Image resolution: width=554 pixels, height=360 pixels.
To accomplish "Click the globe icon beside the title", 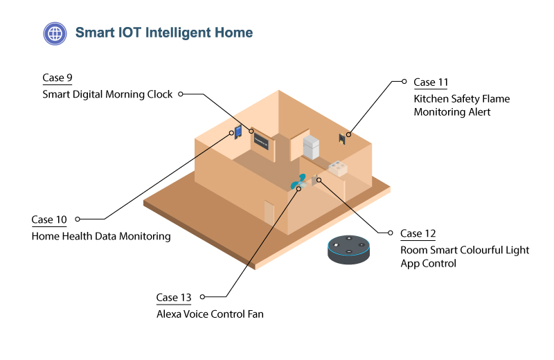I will (54, 33).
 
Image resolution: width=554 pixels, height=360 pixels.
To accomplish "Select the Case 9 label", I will (57, 78).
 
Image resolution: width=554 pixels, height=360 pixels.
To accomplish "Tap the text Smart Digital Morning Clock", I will (107, 94).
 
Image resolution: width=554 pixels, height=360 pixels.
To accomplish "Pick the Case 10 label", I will (49, 220).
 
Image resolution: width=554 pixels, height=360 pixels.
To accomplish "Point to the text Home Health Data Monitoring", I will (101, 236).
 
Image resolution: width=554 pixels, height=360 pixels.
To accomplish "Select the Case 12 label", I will (418, 233).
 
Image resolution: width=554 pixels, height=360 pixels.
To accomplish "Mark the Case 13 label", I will (174, 298).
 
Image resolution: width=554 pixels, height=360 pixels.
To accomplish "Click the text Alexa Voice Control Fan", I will (210, 314).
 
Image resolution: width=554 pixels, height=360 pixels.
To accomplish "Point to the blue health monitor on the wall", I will (238, 132).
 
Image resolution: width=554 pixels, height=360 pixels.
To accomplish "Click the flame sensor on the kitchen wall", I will (342, 138).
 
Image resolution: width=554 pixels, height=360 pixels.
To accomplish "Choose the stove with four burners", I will (337, 169).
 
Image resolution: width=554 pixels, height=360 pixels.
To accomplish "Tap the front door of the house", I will (269, 211).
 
